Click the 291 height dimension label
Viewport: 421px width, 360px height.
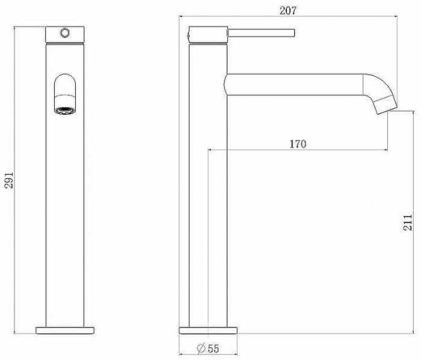(8, 179)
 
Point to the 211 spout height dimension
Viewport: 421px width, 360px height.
(408, 223)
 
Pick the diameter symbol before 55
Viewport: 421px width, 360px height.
(201, 349)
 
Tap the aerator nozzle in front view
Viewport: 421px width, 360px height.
(65, 110)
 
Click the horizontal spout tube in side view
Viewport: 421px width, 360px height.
(295, 84)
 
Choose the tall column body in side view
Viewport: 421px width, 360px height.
(208, 211)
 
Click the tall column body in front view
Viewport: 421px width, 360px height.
(66, 211)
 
